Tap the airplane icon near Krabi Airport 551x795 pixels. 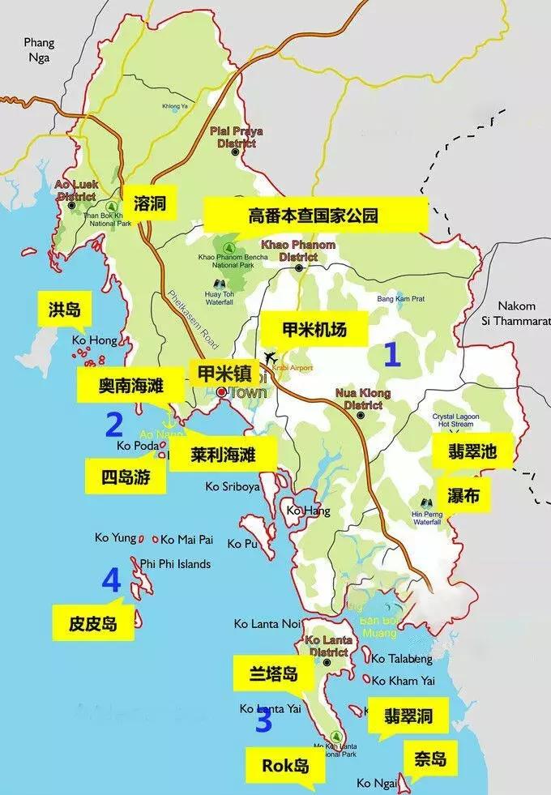271,357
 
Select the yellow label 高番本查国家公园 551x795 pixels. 314,216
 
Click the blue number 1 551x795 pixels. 392,354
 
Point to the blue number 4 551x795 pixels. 111,580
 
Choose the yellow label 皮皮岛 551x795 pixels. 93,622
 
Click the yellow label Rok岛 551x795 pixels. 286,763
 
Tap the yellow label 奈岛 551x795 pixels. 429,759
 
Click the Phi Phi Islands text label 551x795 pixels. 175,564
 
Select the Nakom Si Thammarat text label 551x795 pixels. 519,313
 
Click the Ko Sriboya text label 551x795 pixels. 233,487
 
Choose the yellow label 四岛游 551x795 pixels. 126,477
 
